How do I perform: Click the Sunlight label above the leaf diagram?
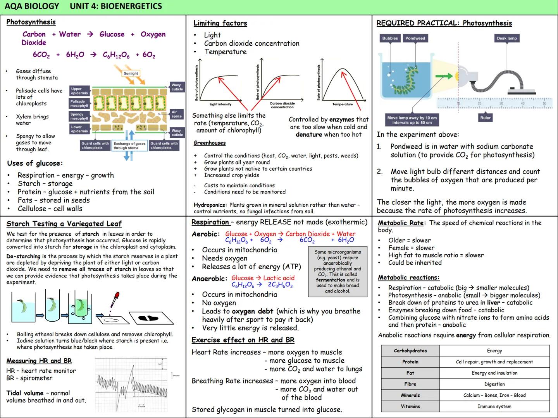pyautogui.click(x=131, y=73)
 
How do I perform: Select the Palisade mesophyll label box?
pyautogui.click(x=79, y=103)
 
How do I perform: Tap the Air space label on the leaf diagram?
pyautogui.click(x=176, y=114)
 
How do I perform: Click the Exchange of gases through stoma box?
pyautogui.click(x=129, y=146)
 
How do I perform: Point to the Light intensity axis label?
pyautogui.click(x=220, y=104)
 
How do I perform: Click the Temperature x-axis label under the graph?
pyautogui.click(x=343, y=104)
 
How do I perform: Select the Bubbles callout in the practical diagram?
pyautogui.click(x=390, y=38)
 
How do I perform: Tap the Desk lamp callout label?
pyautogui.click(x=506, y=38)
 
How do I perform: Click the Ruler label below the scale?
pyautogui.click(x=485, y=118)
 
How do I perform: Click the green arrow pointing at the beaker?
pyautogui.click(x=444, y=76)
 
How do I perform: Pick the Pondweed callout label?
pyautogui.click(x=415, y=38)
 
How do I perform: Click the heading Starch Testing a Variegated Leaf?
pyautogui.click(x=64, y=224)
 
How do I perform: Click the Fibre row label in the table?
pyautogui.click(x=410, y=384)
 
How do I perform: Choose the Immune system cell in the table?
pyautogui.click(x=494, y=406)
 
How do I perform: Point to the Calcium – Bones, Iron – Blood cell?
pyautogui.click(x=494, y=395)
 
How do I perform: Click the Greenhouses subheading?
pyautogui.click(x=209, y=143)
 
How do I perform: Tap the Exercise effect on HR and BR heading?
pyautogui.click(x=243, y=340)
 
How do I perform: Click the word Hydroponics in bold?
pyautogui.click(x=210, y=205)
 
